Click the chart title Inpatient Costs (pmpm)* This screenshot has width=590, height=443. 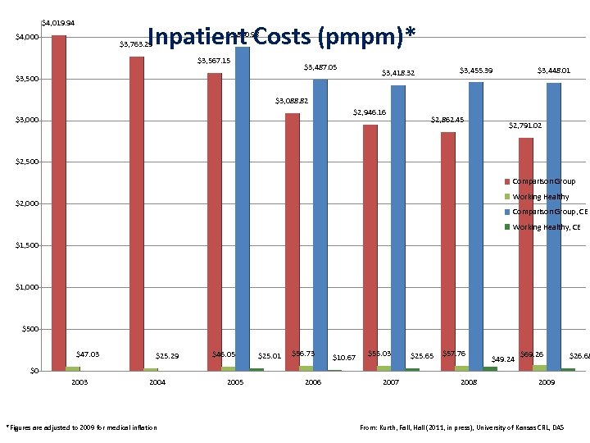(x=283, y=37)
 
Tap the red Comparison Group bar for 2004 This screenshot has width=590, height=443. (x=137, y=213)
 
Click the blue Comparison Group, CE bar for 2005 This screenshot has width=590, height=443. (x=243, y=205)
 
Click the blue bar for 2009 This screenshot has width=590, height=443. (x=554, y=226)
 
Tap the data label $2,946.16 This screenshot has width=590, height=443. (x=370, y=112)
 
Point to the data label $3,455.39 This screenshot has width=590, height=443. (x=476, y=71)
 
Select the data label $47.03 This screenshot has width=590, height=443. (x=88, y=354)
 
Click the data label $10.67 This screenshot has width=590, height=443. (x=344, y=358)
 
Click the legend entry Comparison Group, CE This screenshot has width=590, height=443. (x=543, y=212)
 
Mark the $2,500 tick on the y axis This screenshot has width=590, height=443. (x=27, y=162)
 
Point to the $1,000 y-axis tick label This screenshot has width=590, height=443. (x=27, y=288)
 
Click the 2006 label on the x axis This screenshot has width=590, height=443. (x=313, y=382)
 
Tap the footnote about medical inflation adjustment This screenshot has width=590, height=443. (x=81, y=427)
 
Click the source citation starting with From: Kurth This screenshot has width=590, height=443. (x=462, y=427)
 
